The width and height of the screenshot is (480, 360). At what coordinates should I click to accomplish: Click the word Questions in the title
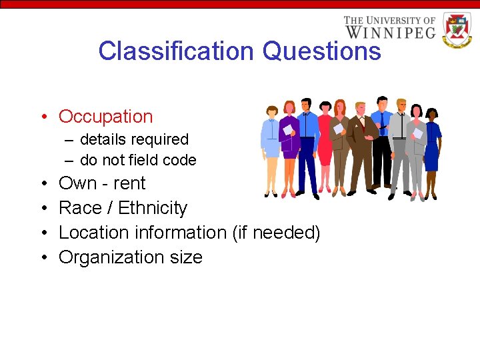click(x=321, y=51)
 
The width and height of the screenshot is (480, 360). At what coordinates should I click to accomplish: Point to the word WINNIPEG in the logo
click(x=390, y=31)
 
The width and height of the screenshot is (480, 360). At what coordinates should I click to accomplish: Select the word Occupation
click(x=106, y=117)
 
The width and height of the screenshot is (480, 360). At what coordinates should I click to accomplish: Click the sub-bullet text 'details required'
click(x=134, y=140)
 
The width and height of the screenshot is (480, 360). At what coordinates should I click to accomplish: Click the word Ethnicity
click(x=153, y=208)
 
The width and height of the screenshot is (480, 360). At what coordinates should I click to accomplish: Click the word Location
click(x=94, y=233)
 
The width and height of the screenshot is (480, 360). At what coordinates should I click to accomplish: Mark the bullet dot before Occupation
click(x=42, y=117)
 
